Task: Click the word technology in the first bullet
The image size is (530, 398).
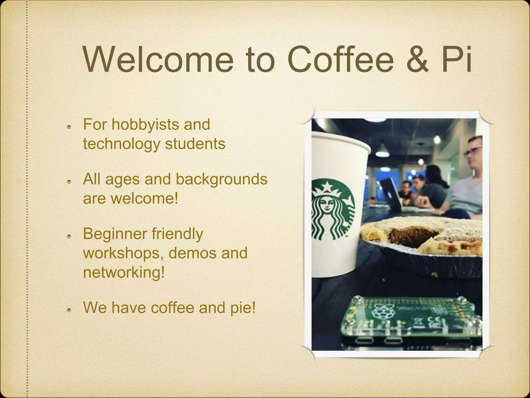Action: tap(121, 144)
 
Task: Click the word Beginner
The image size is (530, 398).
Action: tap(115, 234)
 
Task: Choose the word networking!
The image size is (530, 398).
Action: tap(124, 273)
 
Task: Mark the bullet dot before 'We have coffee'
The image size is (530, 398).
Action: tap(69, 310)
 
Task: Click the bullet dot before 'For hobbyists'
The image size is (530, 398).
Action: tap(69, 127)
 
